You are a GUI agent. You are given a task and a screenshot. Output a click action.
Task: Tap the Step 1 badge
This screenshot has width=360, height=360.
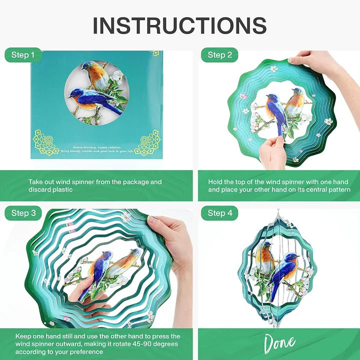point(23,55)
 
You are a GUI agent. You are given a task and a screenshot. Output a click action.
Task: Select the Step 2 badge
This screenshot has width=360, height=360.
point(219,55)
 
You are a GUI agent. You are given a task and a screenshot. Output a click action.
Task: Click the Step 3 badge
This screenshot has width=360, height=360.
point(23,213)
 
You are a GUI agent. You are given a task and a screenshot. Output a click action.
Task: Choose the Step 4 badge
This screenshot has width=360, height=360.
point(219,213)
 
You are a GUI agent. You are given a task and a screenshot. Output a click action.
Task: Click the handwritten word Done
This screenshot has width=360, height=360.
point(279,344)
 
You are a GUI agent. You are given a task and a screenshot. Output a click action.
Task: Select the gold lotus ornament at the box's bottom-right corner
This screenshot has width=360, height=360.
point(148,142)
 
